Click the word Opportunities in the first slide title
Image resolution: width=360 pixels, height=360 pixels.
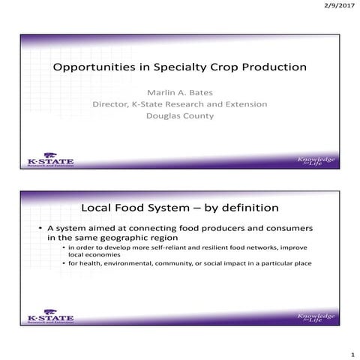(x=89, y=67)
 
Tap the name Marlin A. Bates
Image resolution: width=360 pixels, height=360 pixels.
(x=180, y=91)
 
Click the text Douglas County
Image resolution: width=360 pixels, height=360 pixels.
(x=180, y=116)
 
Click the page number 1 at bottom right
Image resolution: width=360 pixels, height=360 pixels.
(x=352, y=352)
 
